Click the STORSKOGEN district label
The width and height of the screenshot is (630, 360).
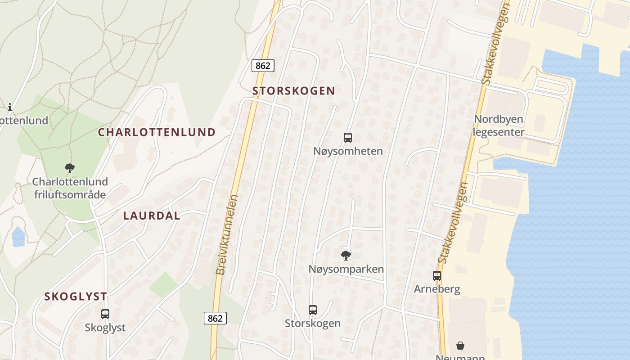[293, 90]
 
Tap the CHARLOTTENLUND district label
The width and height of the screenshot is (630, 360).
[157, 132]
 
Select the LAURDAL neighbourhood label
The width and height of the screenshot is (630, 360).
[152, 216]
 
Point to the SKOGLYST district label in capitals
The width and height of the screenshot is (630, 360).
[76, 297]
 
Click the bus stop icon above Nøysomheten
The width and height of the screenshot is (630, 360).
[347, 138]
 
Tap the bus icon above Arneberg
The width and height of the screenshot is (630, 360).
[437, 276]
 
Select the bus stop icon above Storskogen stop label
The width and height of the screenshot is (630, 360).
[313, 310]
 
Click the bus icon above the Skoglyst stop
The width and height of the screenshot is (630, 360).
[105, 314]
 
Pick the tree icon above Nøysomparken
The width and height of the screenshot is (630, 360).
[346, 256]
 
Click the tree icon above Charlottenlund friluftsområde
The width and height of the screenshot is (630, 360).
[69, 169]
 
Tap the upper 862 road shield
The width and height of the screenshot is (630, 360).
[262, 66]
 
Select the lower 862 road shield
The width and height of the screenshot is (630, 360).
[215, 318]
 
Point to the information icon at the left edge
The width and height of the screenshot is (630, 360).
[10, 107]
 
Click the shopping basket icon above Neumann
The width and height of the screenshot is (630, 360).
[460, 346]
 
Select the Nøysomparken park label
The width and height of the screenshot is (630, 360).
[346, 269]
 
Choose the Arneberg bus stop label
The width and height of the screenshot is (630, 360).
[437, 289]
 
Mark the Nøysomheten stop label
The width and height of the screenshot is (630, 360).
[348, 151]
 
